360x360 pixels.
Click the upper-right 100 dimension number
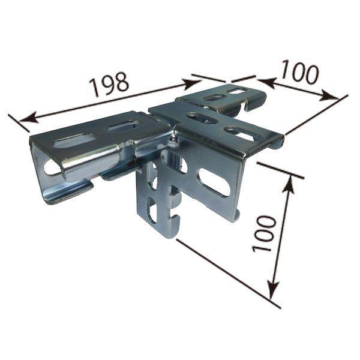coord(300,71)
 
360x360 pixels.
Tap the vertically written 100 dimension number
coord(263,234)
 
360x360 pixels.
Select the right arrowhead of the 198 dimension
coord(192,83)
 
